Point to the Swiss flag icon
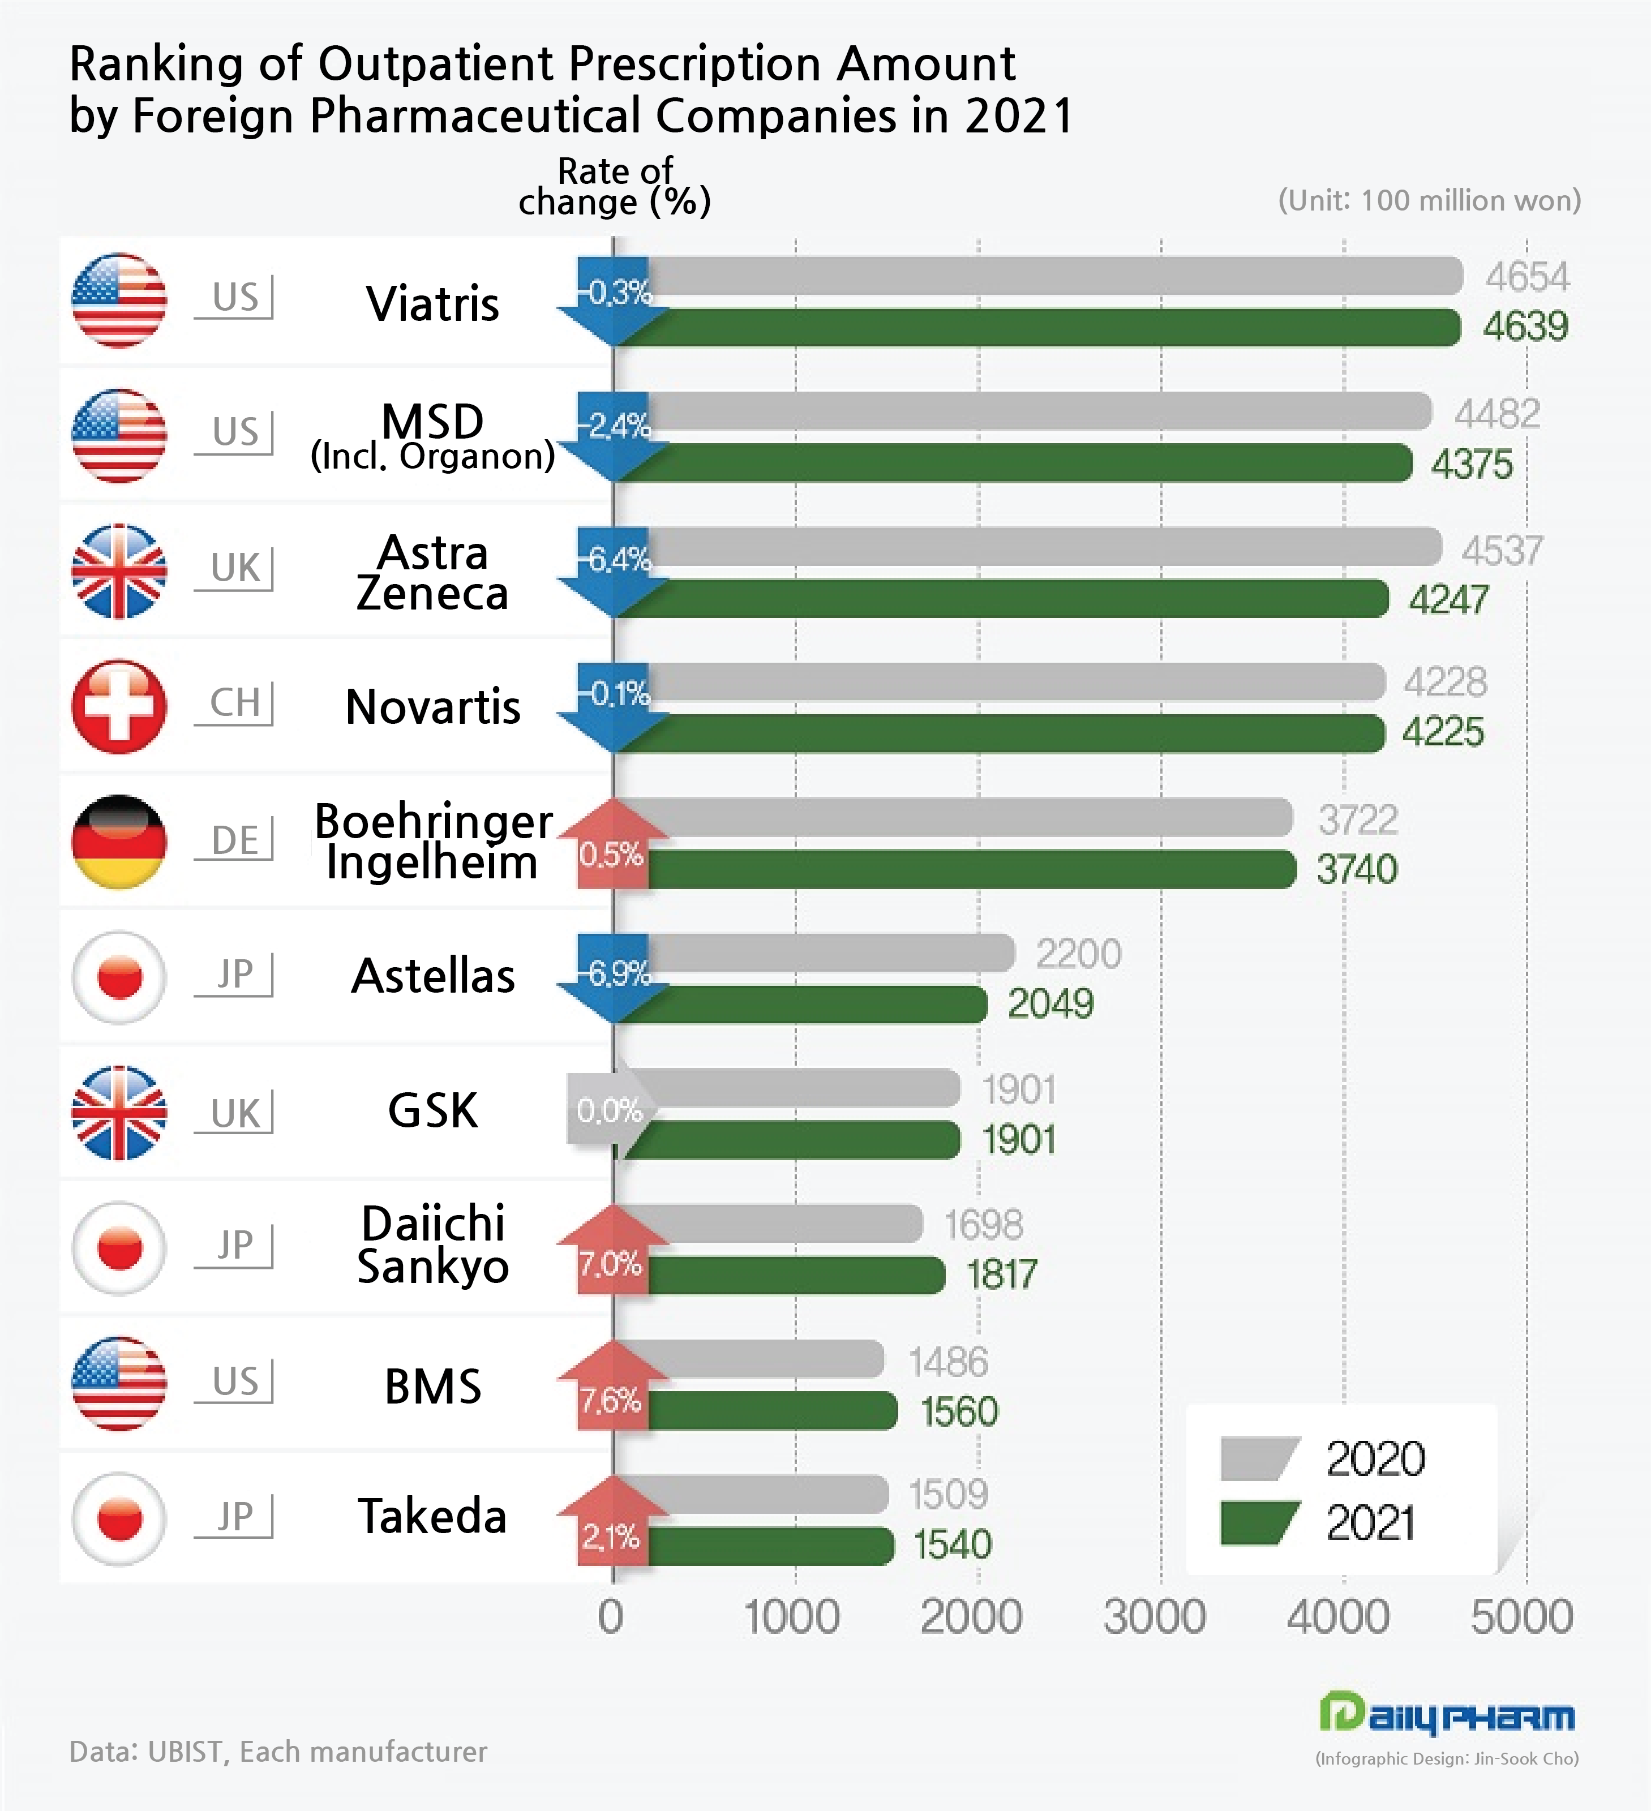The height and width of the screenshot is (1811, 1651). pos(118,707)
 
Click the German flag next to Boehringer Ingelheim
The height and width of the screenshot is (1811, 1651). pos(118,842)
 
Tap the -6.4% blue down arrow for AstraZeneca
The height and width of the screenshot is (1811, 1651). pos(614,572)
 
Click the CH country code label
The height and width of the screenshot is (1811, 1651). pos(234,702)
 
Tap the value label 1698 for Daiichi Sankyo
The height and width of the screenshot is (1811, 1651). pos(983,1224)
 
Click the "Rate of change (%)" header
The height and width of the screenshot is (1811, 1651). pos(615,187)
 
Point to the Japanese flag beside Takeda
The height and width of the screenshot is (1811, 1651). pos(118,1518)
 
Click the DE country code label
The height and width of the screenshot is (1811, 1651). pos(234,840)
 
